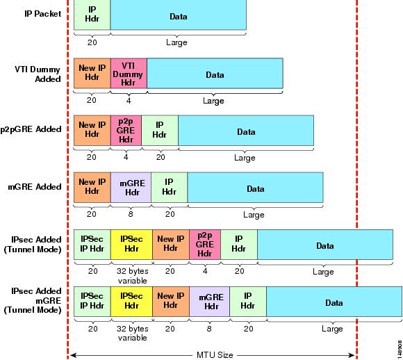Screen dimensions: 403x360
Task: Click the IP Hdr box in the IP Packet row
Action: tap(92, 15)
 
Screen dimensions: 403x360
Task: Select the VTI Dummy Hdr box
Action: tap(129, 74)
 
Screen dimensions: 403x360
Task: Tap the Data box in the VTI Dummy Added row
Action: tap(215, 74)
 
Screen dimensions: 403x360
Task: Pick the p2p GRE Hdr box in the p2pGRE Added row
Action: tap(126, 131)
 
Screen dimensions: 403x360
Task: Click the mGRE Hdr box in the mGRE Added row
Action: tap(131, 188)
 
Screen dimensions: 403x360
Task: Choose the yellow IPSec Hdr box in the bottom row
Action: tap(131, 302)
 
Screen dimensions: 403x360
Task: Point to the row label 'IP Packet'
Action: tap(43, 14)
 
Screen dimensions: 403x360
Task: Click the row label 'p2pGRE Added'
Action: tap(31, 129)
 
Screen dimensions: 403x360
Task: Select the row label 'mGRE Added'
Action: tap(35, 186)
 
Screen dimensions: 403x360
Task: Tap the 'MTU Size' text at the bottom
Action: tap(215, 355)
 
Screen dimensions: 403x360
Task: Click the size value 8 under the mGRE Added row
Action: tap(131, 214)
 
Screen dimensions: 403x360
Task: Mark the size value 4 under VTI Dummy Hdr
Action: tap(129, 100)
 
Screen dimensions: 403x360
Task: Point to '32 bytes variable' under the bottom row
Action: tap(132, 333)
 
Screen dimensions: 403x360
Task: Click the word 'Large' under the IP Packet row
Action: tap(176, 42)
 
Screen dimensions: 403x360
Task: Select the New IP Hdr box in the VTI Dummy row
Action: tap(92, 74)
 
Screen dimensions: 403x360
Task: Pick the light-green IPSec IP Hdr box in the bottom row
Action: tap(92, 302)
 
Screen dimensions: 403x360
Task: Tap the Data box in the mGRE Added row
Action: tap(255, 188)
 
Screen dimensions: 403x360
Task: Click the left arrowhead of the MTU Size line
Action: tap(72, 355)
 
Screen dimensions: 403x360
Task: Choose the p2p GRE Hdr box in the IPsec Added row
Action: tap(205, 245)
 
